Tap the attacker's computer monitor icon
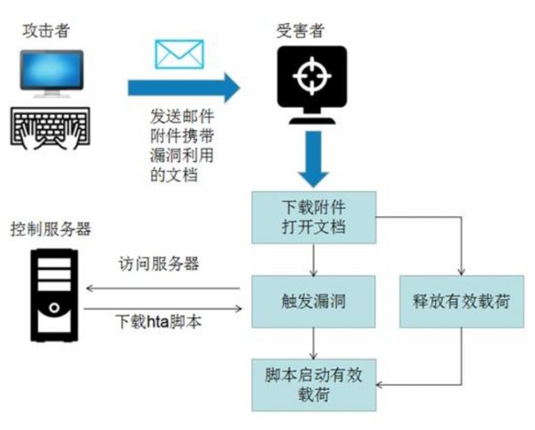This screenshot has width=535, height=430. pos(52,76)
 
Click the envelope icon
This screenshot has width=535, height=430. pos(180,54)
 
